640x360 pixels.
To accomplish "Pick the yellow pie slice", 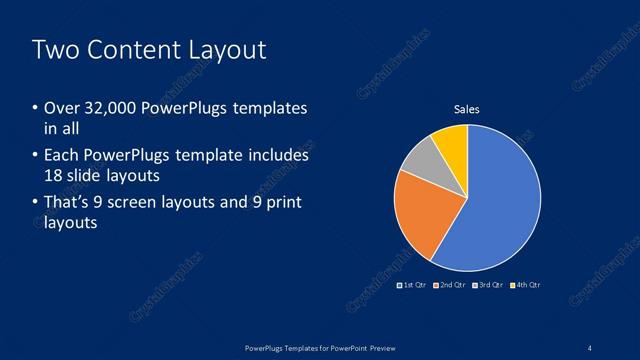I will click(x=452, y=142).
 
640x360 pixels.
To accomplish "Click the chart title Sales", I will click(x=467, y=109).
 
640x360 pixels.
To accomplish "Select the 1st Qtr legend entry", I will click(x=413, y=285).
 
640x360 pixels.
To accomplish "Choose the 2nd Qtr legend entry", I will click(x=451, y=285).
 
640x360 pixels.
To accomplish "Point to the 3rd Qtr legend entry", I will click(x=488, y=285).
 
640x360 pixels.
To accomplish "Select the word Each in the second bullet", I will click(x=63, y=156).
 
